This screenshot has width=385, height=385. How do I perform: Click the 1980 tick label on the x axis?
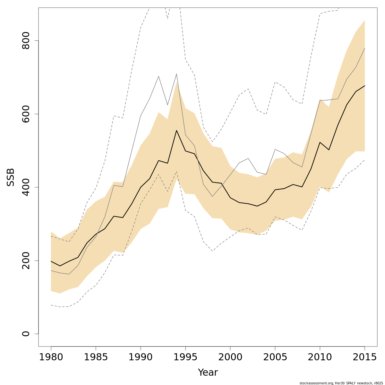51,357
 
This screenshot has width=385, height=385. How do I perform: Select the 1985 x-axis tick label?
96,357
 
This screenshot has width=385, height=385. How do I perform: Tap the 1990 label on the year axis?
141,357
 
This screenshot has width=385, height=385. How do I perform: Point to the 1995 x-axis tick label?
185,357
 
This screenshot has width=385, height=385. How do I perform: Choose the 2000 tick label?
230,357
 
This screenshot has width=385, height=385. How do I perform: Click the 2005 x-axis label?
275,357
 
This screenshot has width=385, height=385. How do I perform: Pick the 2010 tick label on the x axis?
320,357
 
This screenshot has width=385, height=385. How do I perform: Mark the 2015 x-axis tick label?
364,357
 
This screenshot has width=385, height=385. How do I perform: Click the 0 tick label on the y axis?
26,334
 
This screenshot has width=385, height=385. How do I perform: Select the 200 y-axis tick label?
26,261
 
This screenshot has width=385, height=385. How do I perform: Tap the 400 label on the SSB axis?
26,187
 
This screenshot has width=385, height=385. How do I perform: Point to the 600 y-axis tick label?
26,114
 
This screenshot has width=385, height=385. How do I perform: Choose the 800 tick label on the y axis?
26,41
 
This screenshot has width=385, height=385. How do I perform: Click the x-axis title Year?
208,373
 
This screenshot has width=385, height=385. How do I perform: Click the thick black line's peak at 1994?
176,130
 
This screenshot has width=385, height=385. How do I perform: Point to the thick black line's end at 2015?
364,86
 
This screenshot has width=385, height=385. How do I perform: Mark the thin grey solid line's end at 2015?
364,48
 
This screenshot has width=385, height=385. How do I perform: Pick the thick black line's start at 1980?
51,261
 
